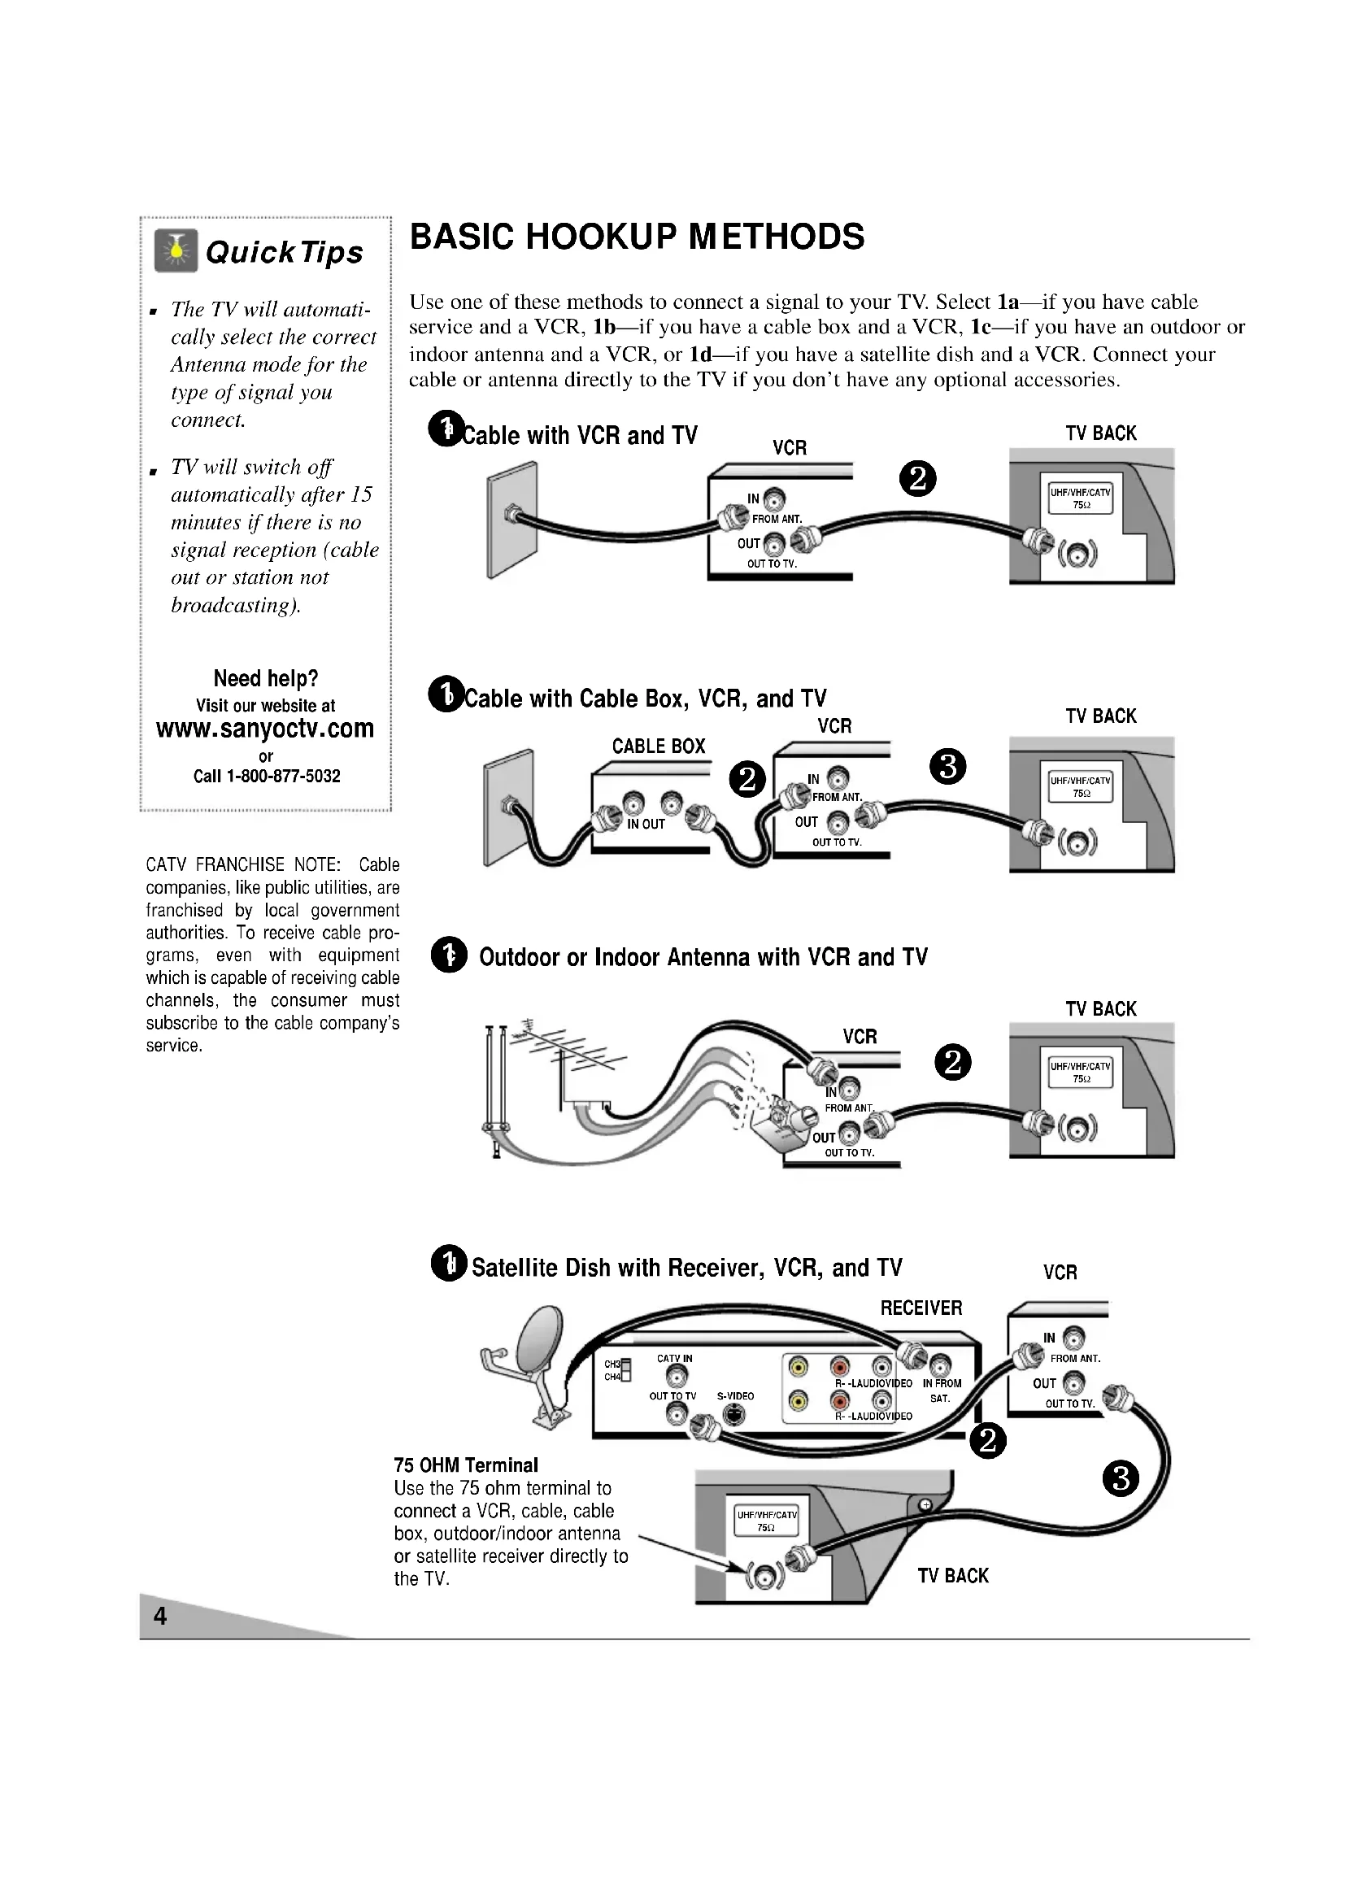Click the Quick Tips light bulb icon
click(176, 251)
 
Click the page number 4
click(160, 1617)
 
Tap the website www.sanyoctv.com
click(265, 728)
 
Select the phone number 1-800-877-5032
click(282, 777)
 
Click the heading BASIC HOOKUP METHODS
click(637, 237)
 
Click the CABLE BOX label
click(659, 746)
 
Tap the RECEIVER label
click(921, 1309)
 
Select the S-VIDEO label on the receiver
click(735, 1396)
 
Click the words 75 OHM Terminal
click(465, 1465)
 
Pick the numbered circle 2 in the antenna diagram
click(952, 1063)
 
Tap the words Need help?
click(266, 679)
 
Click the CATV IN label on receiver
click(674, 1359)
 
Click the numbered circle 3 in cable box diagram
click(948, 767)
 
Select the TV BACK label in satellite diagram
click(952, 1576)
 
